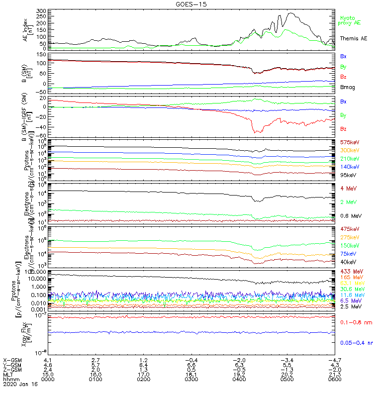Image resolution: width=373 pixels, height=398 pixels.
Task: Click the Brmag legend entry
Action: point(347,87)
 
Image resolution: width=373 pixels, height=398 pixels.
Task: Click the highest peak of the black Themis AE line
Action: point(290,13)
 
